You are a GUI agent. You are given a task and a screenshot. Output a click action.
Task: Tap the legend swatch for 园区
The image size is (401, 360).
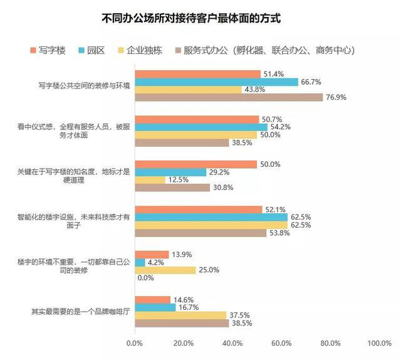tap(83, 50)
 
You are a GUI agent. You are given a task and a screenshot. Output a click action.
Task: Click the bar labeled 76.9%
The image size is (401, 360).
tap(229, 97)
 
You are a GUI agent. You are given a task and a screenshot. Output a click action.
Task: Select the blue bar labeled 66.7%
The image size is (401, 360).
tap(216, 82)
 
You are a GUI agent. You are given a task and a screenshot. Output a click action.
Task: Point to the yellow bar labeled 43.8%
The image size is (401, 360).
tap(188, 90)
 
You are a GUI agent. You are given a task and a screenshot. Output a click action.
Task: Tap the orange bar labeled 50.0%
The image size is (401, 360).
tap(195, 164)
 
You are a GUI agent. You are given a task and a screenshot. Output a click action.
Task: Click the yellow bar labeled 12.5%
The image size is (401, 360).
tap(150, 180)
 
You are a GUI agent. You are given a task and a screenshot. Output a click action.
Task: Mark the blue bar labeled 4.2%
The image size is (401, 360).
tap(140, 262)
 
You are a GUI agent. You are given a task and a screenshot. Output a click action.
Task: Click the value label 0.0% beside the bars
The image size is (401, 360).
tap(145, 278)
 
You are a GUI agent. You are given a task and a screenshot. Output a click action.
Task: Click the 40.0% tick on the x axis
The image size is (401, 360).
tap(232, 343)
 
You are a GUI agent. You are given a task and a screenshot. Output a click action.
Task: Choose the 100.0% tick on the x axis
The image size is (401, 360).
tap(379, 343)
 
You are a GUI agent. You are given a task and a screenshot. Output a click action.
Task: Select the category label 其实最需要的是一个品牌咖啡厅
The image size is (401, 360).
tap(80, 312)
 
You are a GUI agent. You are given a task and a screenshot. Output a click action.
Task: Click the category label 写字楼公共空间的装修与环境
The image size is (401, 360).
tap(84, 85)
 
